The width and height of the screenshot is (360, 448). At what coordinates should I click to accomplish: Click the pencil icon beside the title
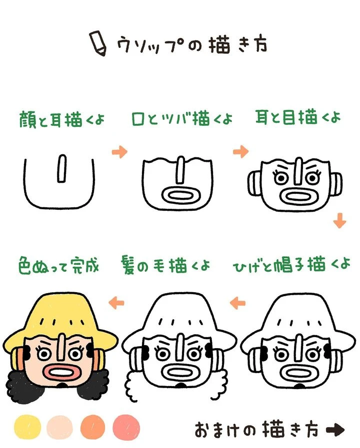tap(97, 43)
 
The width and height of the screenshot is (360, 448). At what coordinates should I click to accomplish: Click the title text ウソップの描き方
tap(192, 44)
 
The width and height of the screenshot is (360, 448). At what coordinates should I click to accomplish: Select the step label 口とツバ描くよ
tap(182, 120)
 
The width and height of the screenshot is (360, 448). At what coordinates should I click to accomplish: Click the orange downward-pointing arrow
tap(340, 220)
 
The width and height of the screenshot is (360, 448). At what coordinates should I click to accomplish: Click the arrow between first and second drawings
tap(119, 152)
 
